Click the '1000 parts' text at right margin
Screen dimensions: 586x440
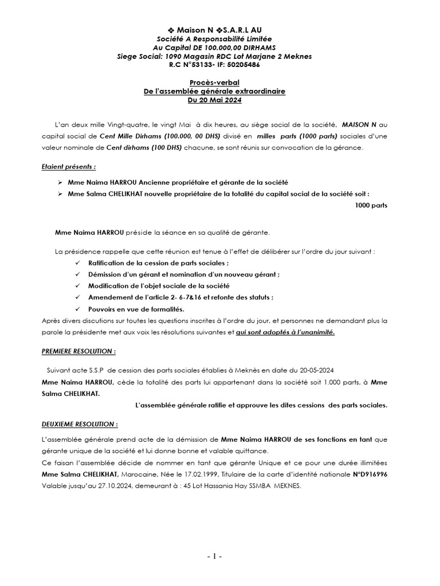tap(371, 205)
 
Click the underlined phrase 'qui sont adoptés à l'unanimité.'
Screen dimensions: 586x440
tap(286, 332)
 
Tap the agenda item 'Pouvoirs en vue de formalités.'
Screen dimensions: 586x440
tap(136, 309)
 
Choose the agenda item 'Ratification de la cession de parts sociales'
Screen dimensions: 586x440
tap(158, 263)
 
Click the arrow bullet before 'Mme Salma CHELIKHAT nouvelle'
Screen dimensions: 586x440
tap(60, 193)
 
